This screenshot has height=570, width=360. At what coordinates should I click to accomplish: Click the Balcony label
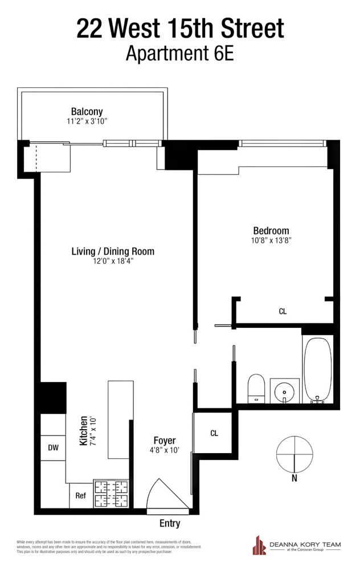[87, 111]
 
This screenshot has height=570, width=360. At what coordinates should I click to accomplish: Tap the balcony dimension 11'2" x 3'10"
[87, 121]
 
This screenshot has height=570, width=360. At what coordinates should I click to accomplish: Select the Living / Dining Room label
[113, 251]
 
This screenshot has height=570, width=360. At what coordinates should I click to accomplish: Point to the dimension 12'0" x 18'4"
[113, 262]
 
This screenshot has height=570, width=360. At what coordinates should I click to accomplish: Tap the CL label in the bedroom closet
[283, 312]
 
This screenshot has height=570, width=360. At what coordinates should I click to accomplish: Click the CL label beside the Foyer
[214, 433]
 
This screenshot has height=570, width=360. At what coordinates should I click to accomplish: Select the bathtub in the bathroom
[317, 369]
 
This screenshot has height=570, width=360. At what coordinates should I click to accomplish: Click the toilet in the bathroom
[256, 389]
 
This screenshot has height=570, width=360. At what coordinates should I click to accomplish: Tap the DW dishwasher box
[53, 448]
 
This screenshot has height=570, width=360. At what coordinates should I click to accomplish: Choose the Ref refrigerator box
[81, 495]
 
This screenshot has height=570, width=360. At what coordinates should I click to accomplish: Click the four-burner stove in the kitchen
[111, 493]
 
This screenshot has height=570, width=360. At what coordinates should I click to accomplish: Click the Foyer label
[165, 441]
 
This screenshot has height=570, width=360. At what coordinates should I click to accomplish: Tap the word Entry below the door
[170, 524]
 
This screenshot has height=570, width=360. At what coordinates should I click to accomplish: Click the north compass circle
[294, 454]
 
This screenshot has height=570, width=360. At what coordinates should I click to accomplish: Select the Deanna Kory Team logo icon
[259, 546]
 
